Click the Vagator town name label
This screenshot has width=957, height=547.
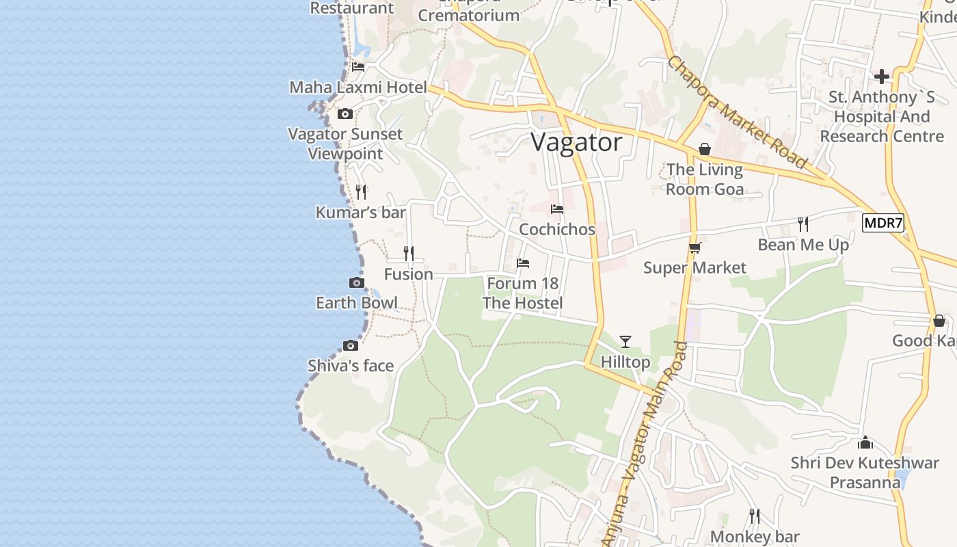(576, 142)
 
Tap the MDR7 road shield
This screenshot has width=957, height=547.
(882, 223)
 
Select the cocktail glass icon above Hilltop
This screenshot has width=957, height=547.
(625, 342)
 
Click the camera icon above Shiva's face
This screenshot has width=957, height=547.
(351, 346)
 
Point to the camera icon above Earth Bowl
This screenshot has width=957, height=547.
(356, 283)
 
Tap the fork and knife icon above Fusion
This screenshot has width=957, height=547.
(408, 254)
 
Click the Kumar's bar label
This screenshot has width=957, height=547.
(360, 213)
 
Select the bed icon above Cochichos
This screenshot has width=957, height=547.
(557, 209)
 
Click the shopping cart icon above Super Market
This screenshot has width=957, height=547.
(695, 248)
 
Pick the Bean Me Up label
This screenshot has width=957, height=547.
(803, 245)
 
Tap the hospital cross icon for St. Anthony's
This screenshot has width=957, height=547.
(882, 76)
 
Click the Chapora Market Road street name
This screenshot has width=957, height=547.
(737, 111)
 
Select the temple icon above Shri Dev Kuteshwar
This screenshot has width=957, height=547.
(865, 443)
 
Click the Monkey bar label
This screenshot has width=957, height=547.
(755, 537)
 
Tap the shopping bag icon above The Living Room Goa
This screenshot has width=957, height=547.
(704, 149)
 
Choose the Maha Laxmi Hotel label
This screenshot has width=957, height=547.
(358, 88)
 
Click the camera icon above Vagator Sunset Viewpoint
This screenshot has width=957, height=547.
(345, 114)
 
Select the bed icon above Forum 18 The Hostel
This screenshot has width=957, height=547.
(523, 263)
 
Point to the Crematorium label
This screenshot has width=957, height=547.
(468, 15)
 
